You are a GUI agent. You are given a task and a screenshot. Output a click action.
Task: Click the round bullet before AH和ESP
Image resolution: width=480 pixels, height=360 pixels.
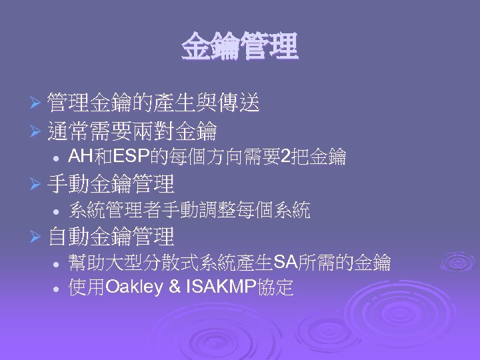pyautogui.click(x=59, y=158)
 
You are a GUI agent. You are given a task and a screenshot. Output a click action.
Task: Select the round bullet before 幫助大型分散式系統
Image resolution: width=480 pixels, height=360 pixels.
pyautogui.click(x=59, y=263)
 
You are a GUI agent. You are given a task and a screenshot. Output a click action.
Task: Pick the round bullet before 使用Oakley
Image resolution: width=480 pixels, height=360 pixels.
pyautogui.click(x=59, y=289)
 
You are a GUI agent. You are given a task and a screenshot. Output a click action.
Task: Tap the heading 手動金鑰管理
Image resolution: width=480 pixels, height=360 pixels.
pyautogui.click(x=111, y=183)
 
